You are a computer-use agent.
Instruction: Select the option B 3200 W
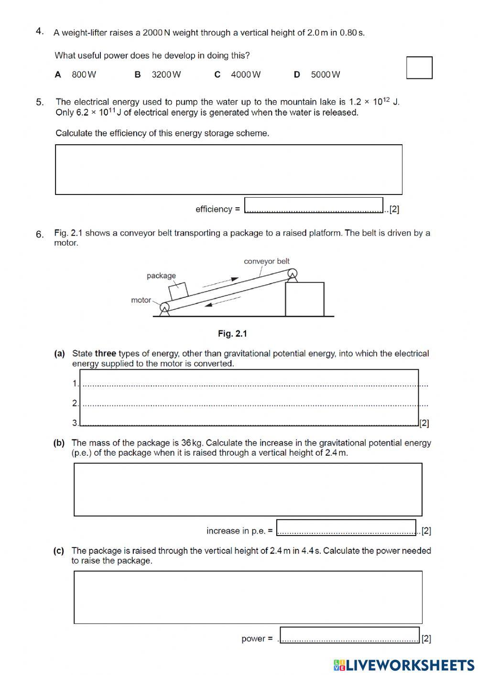click(158, 75)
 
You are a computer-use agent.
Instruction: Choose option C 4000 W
click(238, 75)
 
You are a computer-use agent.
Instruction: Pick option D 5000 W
click(317, 75)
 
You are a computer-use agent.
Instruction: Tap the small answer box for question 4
click(419, 68)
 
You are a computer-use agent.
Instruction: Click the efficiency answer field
click(314, 205)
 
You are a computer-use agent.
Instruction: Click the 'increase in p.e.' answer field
click(346, 527)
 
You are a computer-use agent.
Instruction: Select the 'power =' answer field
click(349, 635)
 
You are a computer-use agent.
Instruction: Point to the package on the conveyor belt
click(178, 290)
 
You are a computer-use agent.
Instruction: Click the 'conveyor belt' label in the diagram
click(266, 261)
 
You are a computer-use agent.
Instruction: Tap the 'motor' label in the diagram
click(141, 300)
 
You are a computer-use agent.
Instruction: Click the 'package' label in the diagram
click(161, 276)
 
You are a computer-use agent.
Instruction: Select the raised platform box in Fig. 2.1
click(304, 299)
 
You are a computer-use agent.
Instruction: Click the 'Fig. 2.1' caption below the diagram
click(232, 334)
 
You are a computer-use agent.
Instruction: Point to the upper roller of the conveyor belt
click(292, 273)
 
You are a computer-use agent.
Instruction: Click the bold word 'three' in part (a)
click(105, 354)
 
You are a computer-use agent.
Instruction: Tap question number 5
click(40, 102)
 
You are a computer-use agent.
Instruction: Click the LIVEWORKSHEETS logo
click(404, 665)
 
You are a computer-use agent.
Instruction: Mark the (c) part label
click(59, 551)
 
